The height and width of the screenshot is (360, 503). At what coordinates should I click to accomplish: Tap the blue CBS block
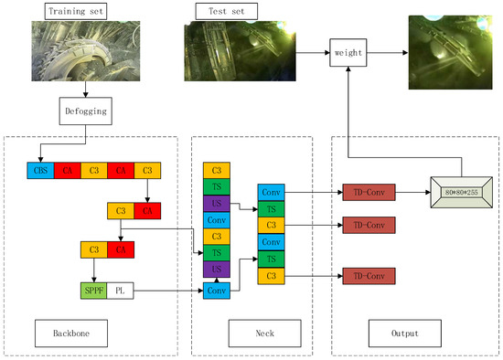point(40,170)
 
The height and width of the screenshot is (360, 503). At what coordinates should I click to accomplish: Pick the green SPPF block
point(94,291)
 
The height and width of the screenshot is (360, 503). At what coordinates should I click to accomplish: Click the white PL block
point(120,291)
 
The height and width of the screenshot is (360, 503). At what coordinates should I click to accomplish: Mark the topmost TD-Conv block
point(369,194)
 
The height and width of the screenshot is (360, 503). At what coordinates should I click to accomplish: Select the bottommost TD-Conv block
point(369,275)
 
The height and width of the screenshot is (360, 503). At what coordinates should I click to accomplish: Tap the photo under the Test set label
point(240,53)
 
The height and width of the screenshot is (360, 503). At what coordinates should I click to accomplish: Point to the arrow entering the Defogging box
point(86,91)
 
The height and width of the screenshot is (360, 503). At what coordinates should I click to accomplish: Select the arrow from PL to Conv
point(169,291)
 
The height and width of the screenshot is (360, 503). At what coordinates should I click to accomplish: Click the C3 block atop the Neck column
point(217,170)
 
